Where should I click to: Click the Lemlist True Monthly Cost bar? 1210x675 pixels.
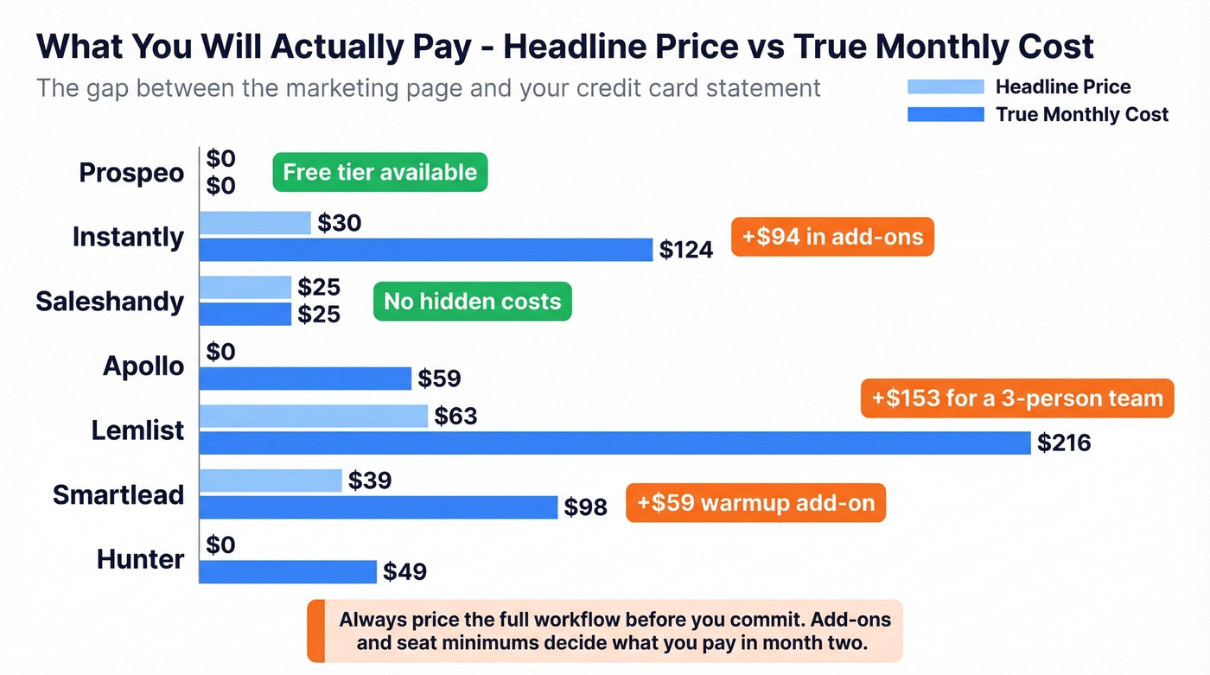pos(615,443)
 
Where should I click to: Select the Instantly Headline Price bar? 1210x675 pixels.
pos(255,223)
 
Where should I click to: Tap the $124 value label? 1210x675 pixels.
pos(686,251)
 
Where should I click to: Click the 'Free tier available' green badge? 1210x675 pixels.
pos(380,172)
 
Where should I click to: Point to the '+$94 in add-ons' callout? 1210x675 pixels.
pos(832,237)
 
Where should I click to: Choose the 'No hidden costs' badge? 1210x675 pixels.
pos(472,302)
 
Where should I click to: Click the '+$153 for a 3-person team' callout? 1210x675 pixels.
pos(1017,398)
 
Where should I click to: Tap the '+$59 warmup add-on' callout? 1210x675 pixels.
pos(755,502)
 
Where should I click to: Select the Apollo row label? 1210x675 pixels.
pos(143,366)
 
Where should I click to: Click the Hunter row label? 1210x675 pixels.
pos(140,559)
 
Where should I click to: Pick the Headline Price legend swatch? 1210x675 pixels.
pos(946,86)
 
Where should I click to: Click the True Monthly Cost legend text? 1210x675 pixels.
pos(1082,114)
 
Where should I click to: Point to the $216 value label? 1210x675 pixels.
pos(1064,443)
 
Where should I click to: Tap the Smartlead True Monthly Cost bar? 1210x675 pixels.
pos(379,507)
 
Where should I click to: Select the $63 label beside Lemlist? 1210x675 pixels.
pos(455,417)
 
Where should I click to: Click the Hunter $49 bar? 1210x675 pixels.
pos(288,571)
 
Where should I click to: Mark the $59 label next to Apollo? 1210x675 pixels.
pos(439,379)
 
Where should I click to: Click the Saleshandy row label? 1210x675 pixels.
pos(110,302)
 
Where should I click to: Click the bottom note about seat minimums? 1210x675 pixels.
pos(615,632)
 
